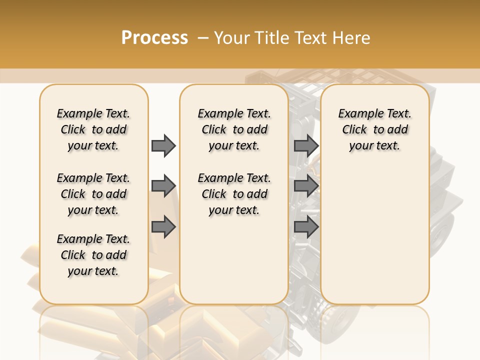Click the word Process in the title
(x=154, y=38)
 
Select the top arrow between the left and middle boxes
(x=163, y=145)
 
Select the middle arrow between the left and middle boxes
(x=163, y=186)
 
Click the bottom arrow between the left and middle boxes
(x=163, y=227)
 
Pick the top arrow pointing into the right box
(x=306, y=145)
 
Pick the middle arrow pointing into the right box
(x=306, y=186)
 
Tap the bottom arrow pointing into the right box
(x=306, y=227)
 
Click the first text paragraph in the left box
(x=93, y=129)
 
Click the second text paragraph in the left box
(x=93, y=194)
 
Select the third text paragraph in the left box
(x=93, y=255)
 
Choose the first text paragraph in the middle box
(x=234, y=129)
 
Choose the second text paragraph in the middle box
(x=234, y=194)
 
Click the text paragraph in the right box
(x=374, y=129)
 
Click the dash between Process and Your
(x=202, y=38)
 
